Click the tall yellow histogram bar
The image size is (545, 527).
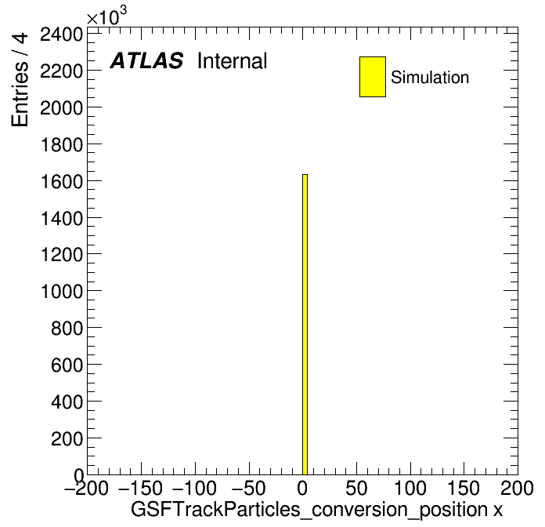(305, 325)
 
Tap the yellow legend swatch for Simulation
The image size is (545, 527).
(373, 77)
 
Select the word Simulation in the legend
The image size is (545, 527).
(430, 78)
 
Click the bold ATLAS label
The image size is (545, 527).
(146, 60)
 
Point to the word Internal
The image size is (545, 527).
(233, 61)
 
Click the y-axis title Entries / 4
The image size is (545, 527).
(20, 80)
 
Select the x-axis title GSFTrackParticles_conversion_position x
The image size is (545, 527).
(316, 510)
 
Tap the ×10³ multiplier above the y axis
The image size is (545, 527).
(106, 16)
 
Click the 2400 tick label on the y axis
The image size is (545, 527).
(62, 35)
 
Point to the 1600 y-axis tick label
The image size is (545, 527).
(62, 182)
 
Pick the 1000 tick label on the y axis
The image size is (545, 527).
(62, 292)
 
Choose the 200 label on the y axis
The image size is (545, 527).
(67, 438)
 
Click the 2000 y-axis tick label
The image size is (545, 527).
(62, 108)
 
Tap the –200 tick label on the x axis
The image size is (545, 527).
(86, 488)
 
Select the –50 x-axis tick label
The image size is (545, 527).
(248, 488)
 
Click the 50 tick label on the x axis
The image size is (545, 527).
(356, 488)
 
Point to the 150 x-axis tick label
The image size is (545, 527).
(464, 488)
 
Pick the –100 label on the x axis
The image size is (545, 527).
(194, 488)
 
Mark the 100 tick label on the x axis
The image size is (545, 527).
(410, 488)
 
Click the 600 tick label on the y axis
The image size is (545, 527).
(67, 365)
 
